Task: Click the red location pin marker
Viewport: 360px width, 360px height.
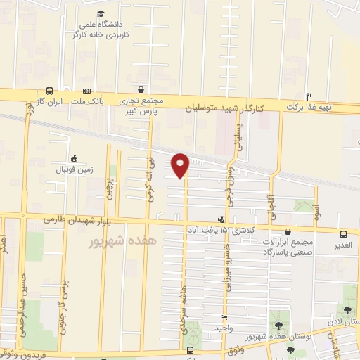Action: click(181, 165)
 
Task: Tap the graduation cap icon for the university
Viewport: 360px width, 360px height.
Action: click(100, 13)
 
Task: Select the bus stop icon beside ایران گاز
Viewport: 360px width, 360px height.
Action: click(49, 91)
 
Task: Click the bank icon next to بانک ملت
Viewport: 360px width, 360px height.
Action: click(87, 91)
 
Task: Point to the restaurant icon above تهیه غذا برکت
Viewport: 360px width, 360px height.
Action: click(308, 96)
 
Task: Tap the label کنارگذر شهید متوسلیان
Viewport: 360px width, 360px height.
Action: click(225, 108)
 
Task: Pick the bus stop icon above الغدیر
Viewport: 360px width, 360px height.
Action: click(343, 234)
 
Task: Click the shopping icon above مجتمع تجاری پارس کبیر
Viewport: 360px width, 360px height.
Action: click(142, 90)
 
